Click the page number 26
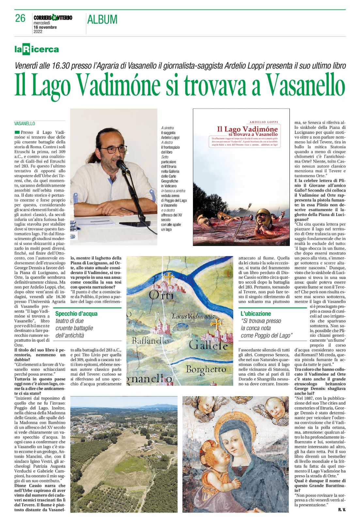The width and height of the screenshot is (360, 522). click(20, 18)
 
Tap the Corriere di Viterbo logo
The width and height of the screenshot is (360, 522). click(53, 18)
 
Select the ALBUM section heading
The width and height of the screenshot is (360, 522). click(102, 20)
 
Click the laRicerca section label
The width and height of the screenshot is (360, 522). click(37, 50)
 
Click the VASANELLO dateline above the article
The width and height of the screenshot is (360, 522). click(24, 124)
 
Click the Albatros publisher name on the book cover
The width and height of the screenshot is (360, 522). click(241, 241)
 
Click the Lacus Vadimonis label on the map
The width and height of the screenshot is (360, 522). click(193, 316)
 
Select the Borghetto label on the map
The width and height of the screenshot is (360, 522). click(206, 369)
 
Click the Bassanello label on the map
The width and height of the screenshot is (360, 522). click(150, 341)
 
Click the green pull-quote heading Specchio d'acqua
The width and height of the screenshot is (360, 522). click(76, 314)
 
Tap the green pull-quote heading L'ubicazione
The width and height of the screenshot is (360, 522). click(256, 314)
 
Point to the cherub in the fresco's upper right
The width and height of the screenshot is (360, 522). click(275, 409)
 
